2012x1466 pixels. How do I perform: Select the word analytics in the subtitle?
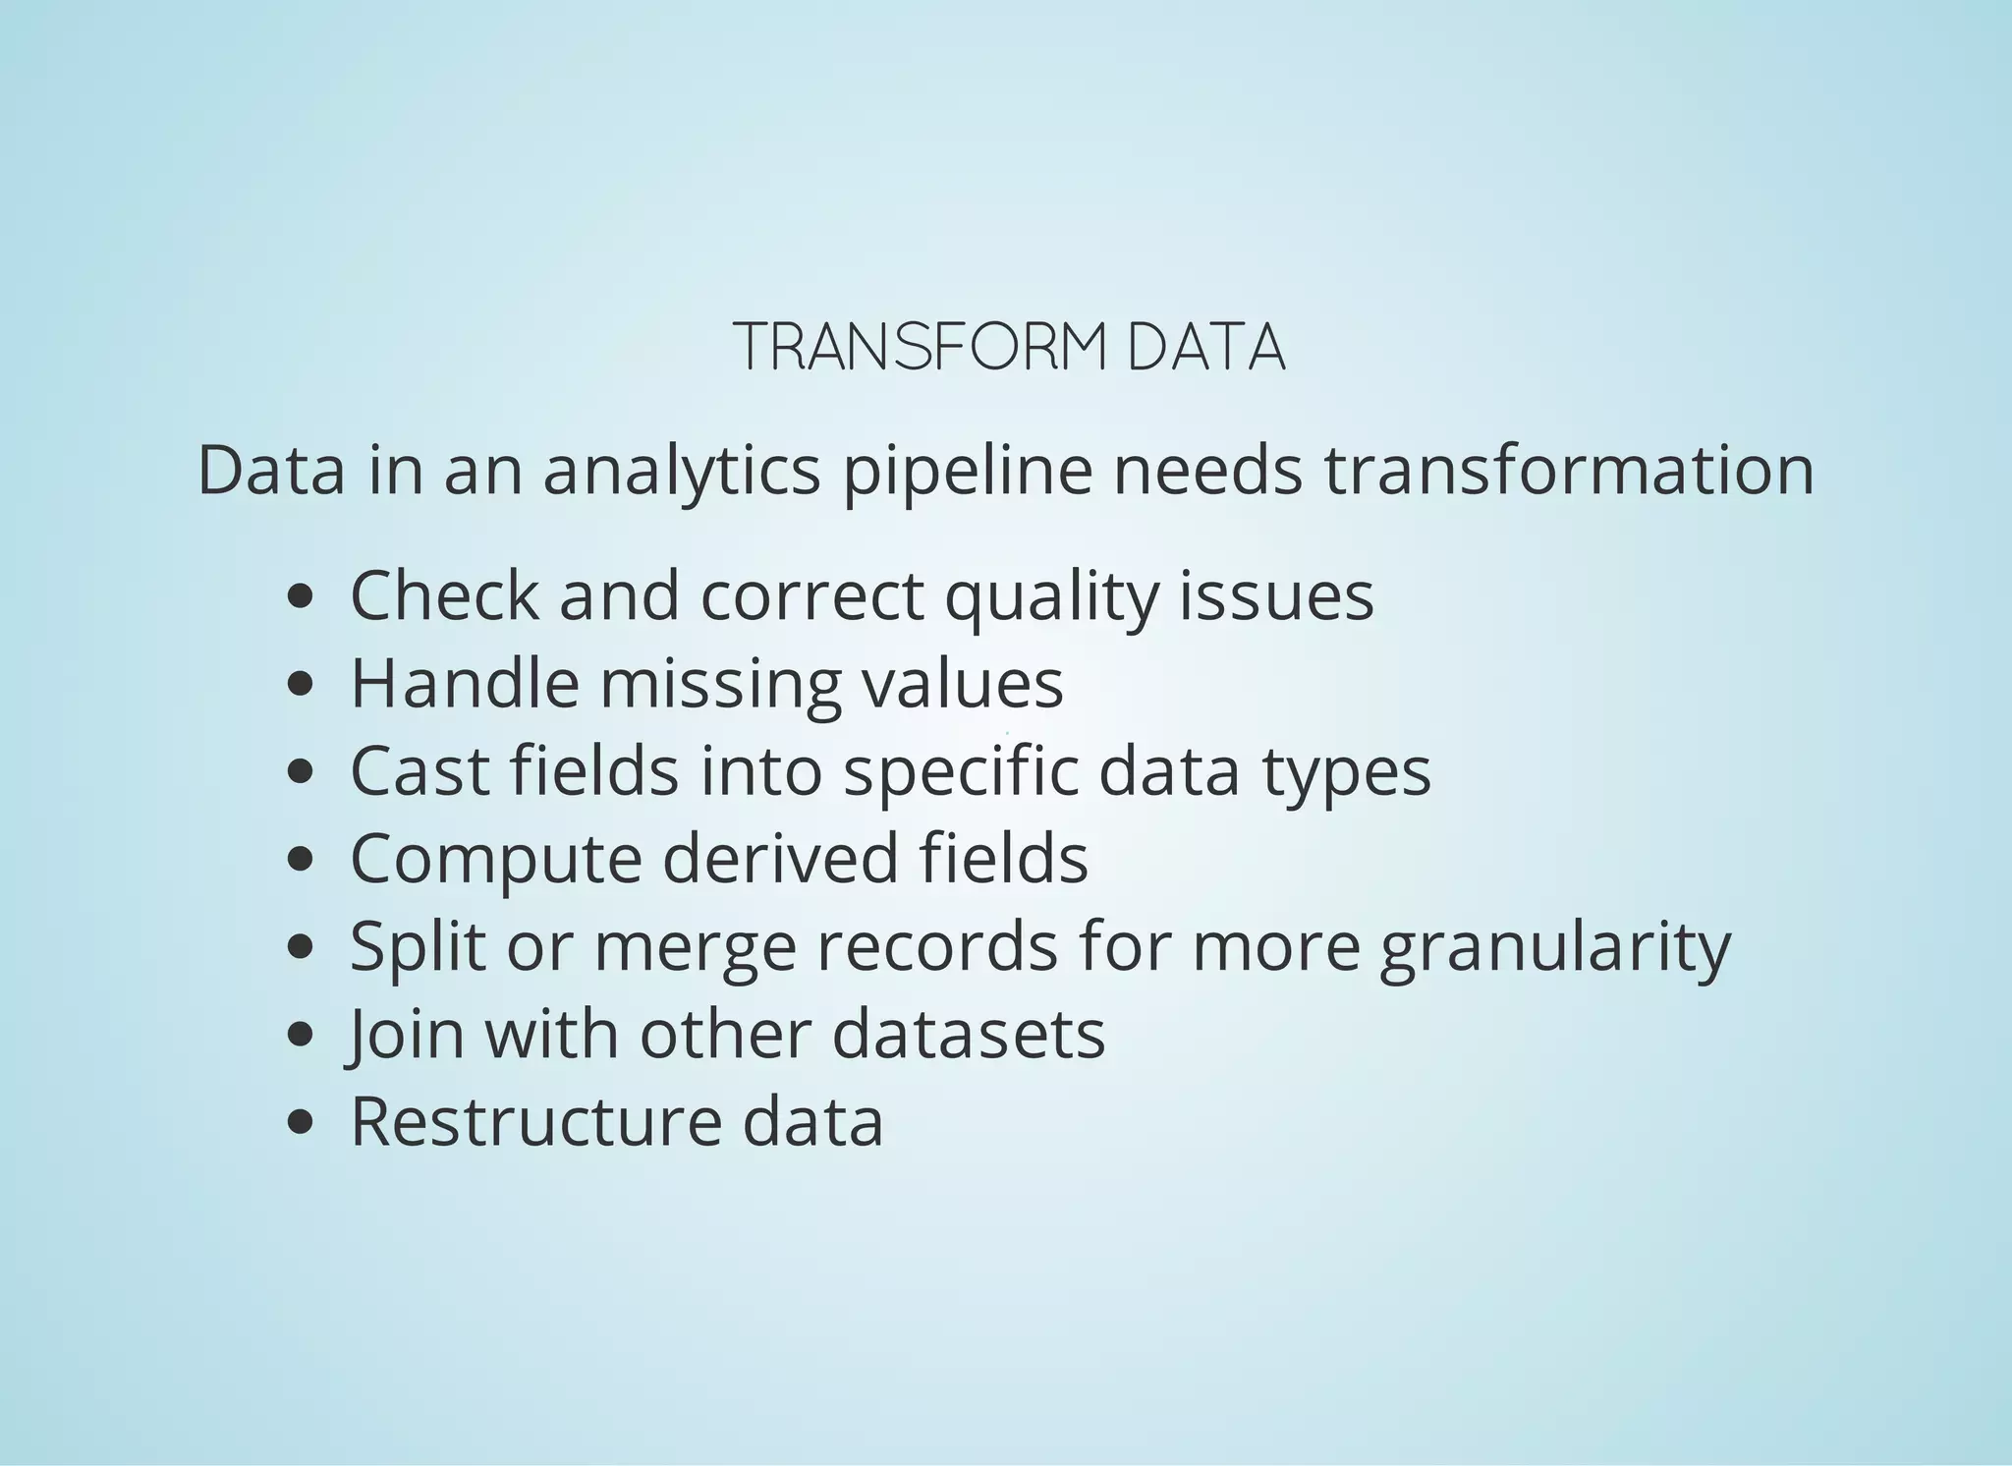[x=681, y=470]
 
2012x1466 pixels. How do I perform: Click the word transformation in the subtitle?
[x=1569, y=470]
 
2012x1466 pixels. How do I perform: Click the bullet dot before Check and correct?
[x=302, y=597]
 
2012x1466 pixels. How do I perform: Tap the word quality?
[x=1051, y=597]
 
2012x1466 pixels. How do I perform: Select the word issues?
[x=1276, y=595]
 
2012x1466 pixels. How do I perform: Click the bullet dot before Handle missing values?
[x=302, y=685]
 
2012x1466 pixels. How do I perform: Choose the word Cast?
[x=419, y=771]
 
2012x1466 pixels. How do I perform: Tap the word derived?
[x=781, y=858]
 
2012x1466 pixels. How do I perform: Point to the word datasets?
[x=969, y=1034]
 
